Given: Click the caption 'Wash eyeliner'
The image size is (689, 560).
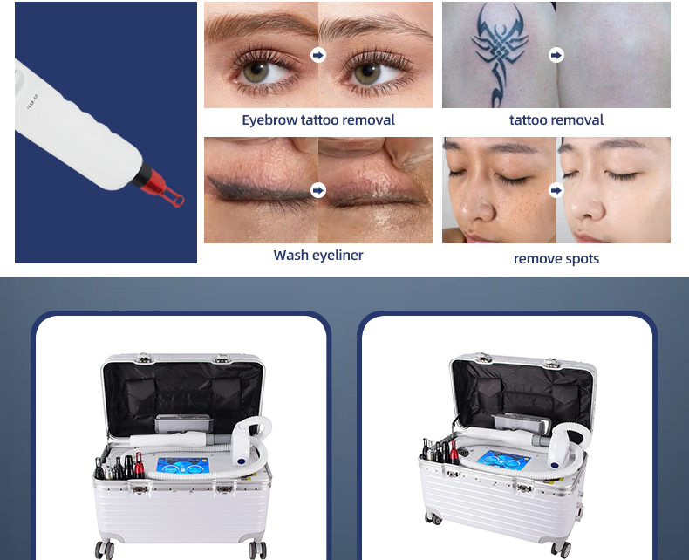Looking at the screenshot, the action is coord(318,255).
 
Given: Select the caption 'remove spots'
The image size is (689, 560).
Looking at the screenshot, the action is coord(556,258).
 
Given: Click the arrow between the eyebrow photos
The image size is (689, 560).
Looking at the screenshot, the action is coord(318,55).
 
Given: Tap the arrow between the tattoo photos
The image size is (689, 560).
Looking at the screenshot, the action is coord(556,55).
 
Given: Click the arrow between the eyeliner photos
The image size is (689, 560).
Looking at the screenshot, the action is coord(318,190).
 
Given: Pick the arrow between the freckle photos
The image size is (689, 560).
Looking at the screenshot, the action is coord(556,190).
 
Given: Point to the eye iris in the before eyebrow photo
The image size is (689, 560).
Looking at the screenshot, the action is coord(256,72).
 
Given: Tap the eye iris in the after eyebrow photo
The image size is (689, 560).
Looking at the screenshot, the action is coord(367,73).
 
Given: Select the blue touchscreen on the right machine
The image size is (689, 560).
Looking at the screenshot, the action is coord(504,460).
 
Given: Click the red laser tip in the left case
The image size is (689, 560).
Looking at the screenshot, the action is coord(140,466).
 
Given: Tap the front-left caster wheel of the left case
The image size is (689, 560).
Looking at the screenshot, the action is coord(105,550).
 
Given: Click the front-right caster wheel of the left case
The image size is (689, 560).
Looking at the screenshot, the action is coord(257,550).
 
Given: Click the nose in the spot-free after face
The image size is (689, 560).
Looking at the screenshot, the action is coord(583,203).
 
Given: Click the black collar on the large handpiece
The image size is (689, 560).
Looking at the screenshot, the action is coord(141,174).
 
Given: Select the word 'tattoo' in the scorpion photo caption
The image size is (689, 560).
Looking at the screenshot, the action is coord(524,120).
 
